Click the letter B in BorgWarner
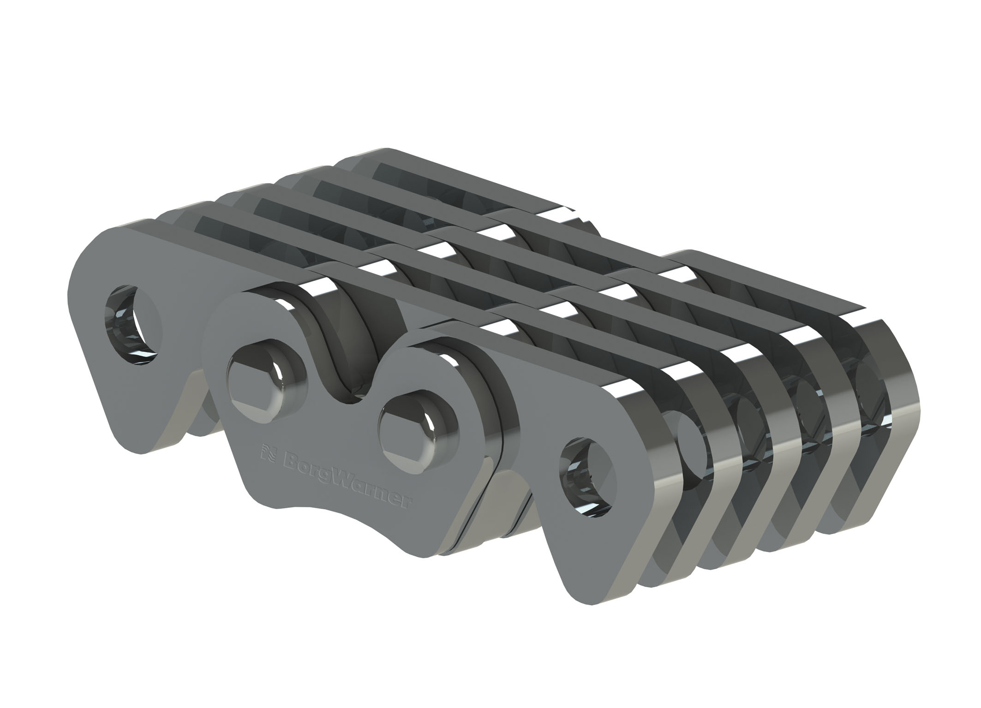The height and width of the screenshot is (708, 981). pos(283,456)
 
